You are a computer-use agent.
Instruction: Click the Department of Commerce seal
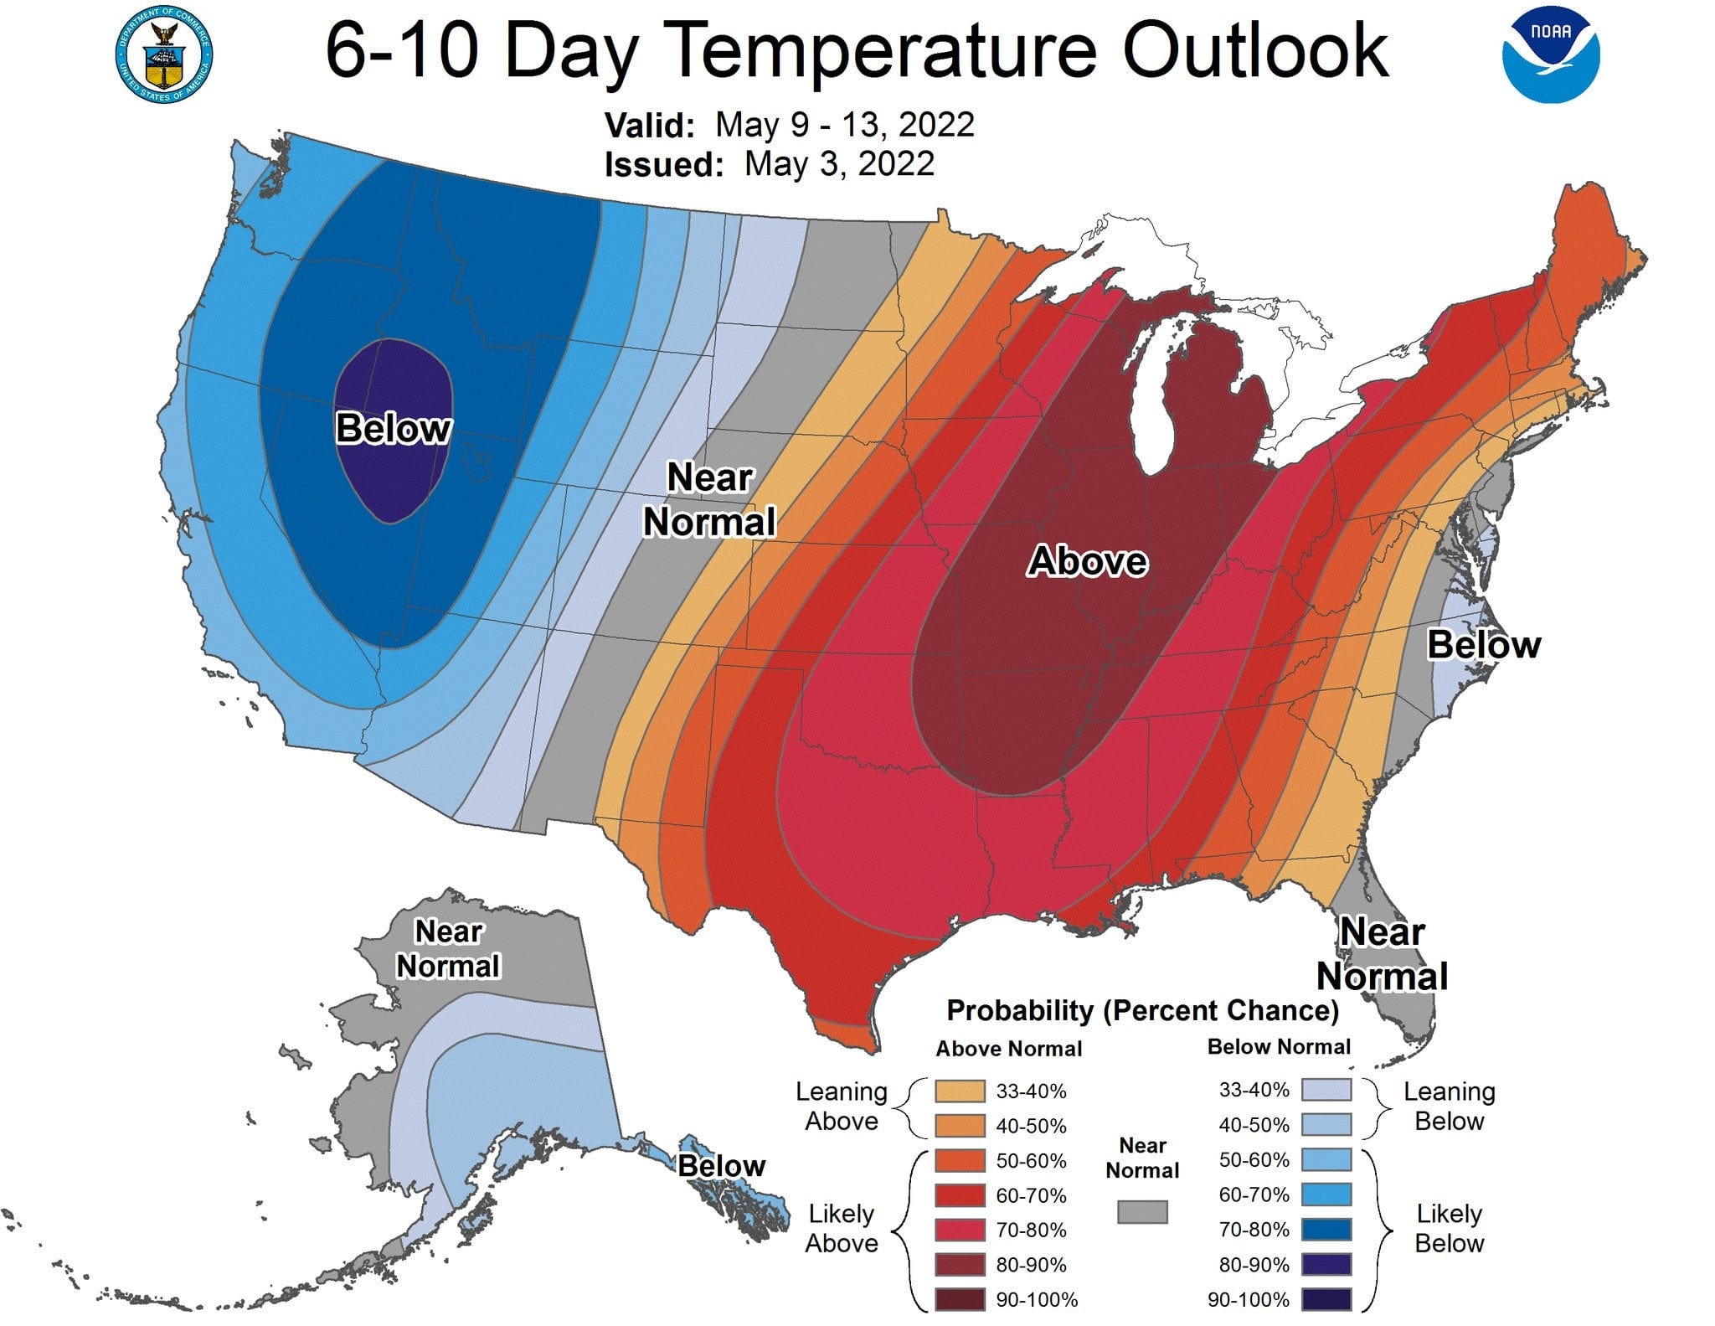[x=164, y=56]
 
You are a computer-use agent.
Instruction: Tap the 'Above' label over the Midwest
[x=1087, y=560]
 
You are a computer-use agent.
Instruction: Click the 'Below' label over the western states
[x=393, y=428]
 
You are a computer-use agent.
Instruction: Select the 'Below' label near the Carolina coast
[x=1483, y=645]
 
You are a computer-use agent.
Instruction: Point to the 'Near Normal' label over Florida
[x=1382, y=954]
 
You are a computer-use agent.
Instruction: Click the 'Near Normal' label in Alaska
[x=448, y=948]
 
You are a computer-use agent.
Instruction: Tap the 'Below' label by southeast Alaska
[x=721, y=1165]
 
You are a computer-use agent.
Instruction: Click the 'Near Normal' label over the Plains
[x=709, y=500]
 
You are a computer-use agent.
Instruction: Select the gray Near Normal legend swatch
[x=1142, y=1211]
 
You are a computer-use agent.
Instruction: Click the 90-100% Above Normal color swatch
[x=960, y=1300]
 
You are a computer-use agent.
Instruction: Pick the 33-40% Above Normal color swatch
[x=960, y=1091]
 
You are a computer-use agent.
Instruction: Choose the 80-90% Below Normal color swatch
[x=1326, y=1264]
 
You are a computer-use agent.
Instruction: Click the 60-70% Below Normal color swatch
[x=1326, y=1194]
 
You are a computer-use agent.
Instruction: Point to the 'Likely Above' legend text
[x=841, y=1228]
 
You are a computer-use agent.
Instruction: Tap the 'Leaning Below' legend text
[x=1449, y=1106]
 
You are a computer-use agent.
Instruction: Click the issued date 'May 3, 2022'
[x=839, y=163]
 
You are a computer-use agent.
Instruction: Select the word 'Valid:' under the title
[x=650, y=126]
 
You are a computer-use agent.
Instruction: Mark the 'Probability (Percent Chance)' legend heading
[x=1142, y=1010]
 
